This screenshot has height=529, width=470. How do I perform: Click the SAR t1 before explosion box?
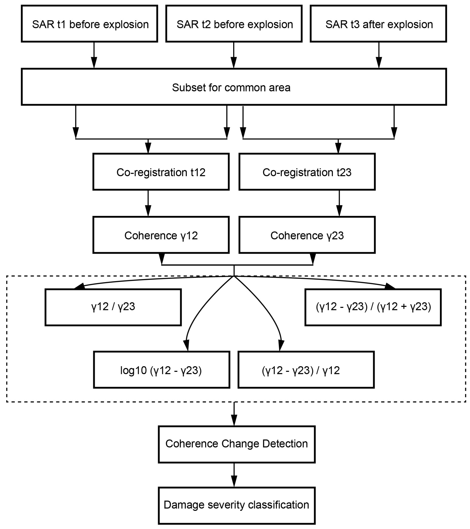pyautogui.click(x=89, y=24)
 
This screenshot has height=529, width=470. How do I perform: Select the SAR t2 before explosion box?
pyautogui.click(x=234, y=24)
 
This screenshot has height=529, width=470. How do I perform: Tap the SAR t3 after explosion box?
pyautogui.click(x=378, y=24)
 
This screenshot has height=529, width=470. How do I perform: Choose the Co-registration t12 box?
pyautogui.click(x=161, y=172)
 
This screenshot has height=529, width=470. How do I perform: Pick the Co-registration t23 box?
pyautogui.click(x=307, y=172)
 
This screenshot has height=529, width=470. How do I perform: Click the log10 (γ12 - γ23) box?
pyautogui.click(x=161, y=370)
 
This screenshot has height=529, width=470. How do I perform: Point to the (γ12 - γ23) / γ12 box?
pyautogui.click(x=306, y=370)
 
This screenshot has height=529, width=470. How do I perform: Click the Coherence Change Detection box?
pyautogui.click(x=237, y=444)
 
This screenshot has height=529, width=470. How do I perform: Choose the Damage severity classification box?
pyautogui.click(x=237, y=505)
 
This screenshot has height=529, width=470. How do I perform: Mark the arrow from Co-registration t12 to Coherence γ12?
pyautogui.click(x=148, y=203)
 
